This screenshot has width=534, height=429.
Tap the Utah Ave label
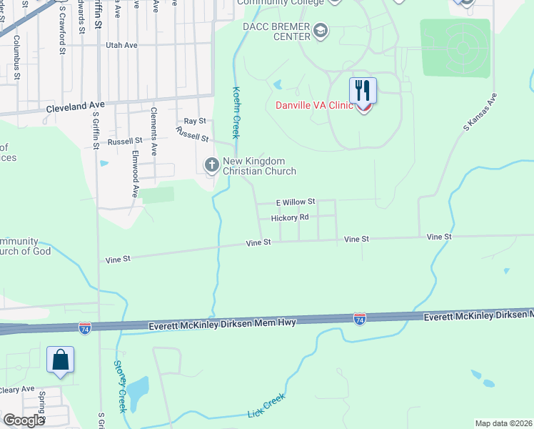point(121,45)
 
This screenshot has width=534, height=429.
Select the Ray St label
point(194,122)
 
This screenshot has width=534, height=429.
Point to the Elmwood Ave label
point(134,172)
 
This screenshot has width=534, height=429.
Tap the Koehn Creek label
point(236,112)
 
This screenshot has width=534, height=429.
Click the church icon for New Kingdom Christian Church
point(211,165)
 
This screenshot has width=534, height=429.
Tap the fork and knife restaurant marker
point(363,91)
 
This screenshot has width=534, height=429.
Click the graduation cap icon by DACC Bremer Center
point(321,30)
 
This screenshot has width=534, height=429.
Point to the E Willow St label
point(296,202)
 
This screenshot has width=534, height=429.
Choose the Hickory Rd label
point(290,217)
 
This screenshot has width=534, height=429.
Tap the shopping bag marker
point(61,359)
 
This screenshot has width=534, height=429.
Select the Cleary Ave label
point(17,389)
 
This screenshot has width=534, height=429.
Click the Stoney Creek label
point(120,385)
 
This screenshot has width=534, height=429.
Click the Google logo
point(24,421)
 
